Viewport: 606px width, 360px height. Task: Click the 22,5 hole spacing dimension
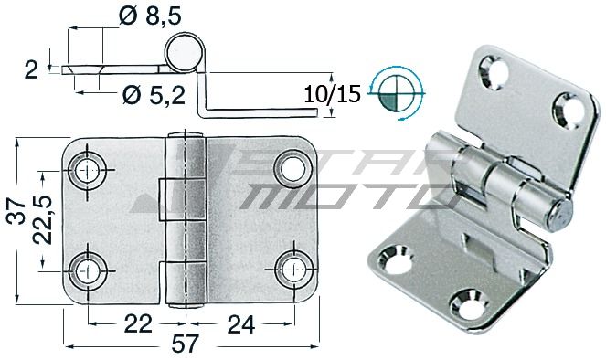pos(41,220)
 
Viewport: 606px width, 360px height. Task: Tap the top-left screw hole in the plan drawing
pos(89,169)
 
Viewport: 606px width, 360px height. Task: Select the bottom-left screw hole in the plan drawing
pos(89,270)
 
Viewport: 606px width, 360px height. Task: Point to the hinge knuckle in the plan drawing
pos(186,224)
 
